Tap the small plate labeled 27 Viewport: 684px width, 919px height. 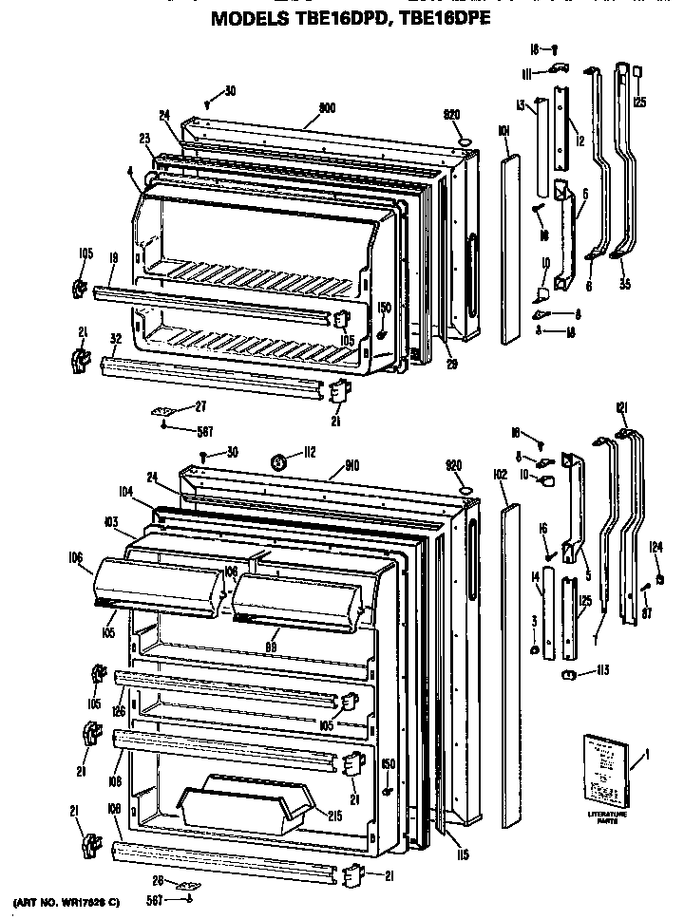coord(162,410)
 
